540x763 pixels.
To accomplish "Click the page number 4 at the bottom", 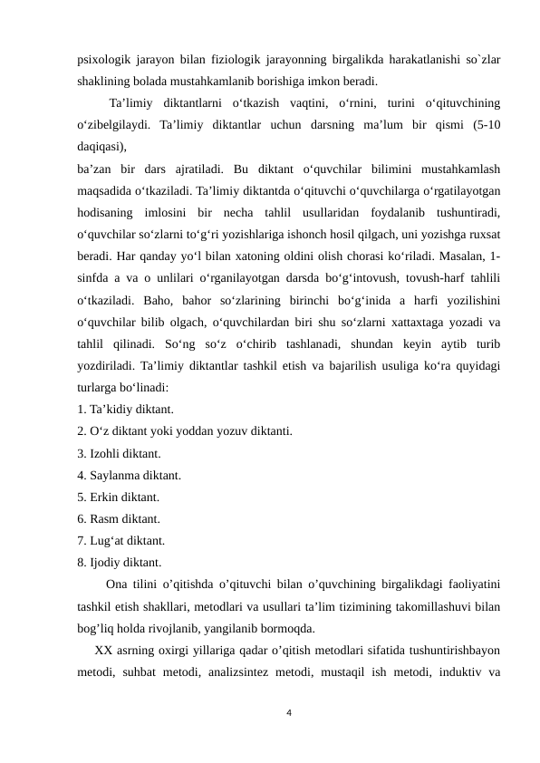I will click(x=288, y=713).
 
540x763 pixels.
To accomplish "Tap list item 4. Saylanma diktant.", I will click(x=130, y=474).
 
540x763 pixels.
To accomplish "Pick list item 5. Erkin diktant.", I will click(x=119, y=497).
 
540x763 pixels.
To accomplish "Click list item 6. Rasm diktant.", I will click(x=119, y=518).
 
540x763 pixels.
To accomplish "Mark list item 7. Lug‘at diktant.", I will click(x=121, y=541).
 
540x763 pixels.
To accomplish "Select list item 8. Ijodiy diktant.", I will click(x=121, y=563).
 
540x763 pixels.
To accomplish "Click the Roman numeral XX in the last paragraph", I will click(x=103, y=650).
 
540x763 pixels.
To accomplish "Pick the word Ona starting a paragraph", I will click(x=117, y=584).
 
